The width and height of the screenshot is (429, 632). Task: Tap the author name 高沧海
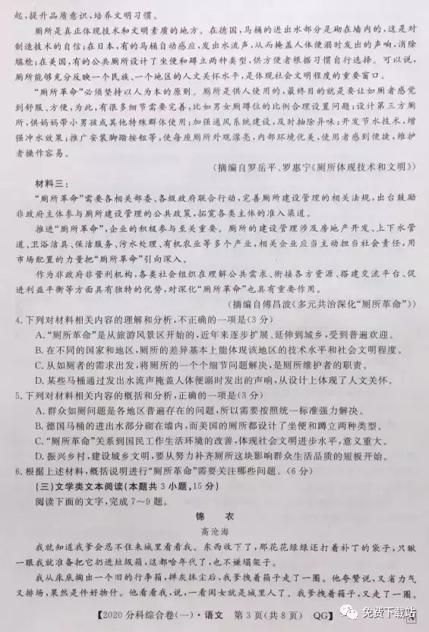click(214, 532)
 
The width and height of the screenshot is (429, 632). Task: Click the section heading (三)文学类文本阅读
click(80, 486)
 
